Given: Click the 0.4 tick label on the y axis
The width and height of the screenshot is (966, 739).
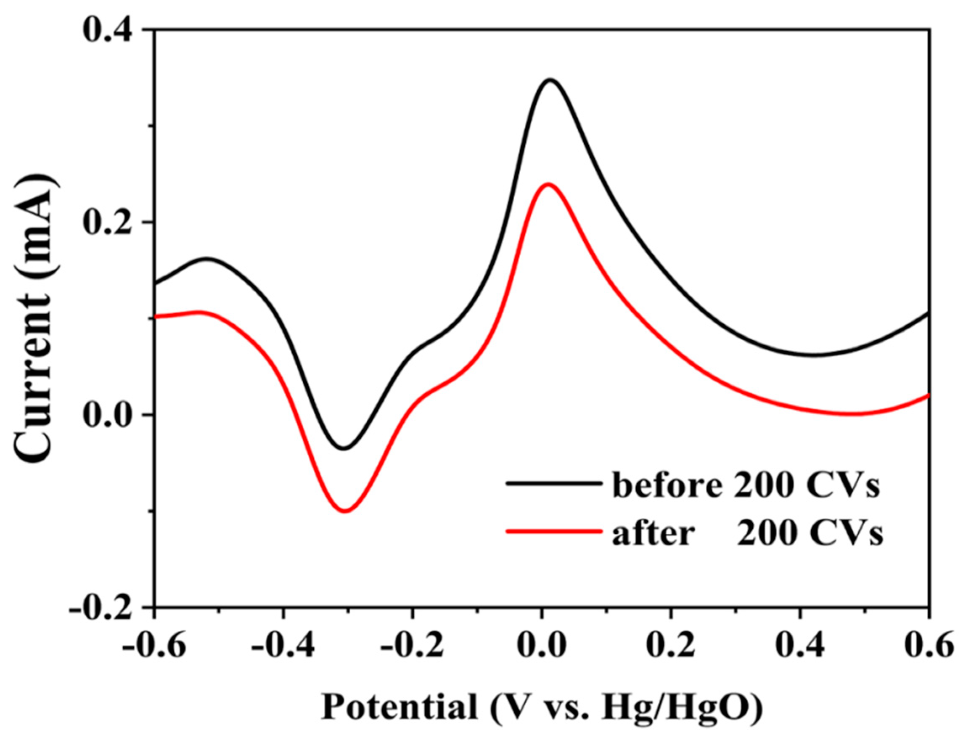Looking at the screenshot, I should coord(108,30).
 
